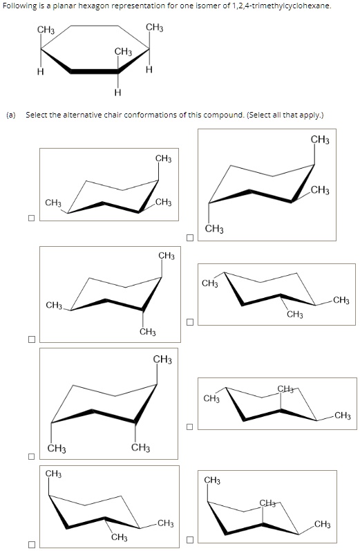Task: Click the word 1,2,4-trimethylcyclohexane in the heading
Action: coord(281,6)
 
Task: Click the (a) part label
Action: coord(11,115)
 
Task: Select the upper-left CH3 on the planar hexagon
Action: coord(46,30)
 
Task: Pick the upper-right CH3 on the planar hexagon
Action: coord(155,28)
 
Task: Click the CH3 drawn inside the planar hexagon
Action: coord(123,52)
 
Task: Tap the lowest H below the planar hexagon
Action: coord(117,93)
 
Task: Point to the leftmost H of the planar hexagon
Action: coord(40,72)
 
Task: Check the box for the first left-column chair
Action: coord(31,218)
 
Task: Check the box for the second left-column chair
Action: coord(31,339)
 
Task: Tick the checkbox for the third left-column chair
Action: coord(31,456)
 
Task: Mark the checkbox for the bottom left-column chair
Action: coord(31,544)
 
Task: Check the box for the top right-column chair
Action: coord(189,238)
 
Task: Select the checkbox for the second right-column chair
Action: coord(189,322)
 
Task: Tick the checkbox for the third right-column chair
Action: coord(189,427)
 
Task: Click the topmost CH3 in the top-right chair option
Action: coord(320,140)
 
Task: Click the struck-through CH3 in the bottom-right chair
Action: coord(269,504)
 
